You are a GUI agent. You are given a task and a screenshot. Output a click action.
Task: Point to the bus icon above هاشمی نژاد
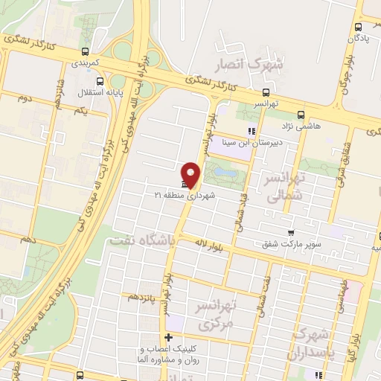coord(301,115)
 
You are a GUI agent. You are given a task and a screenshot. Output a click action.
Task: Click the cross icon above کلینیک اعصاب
coord(168,337)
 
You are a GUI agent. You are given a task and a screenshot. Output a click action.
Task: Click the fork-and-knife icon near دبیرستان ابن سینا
coord(252,131)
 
